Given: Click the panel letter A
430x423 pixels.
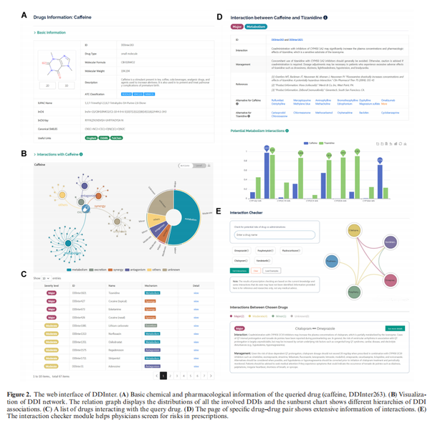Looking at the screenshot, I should (x=24, y=14).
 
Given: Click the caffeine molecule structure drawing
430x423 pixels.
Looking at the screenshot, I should (x=62, y=64).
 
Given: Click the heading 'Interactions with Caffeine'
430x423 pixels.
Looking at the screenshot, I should (x=58, y=154).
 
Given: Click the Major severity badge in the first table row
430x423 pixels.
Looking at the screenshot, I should (x=51, y=293).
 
